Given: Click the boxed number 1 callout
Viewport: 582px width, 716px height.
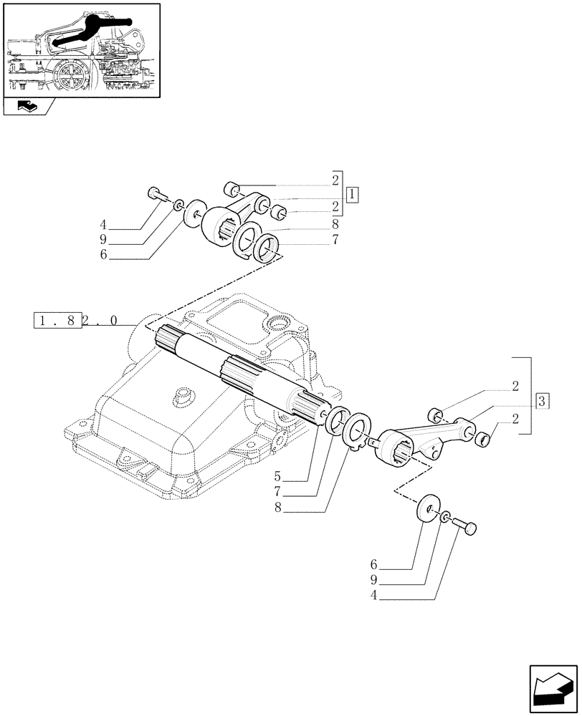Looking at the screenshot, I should pyautogui.click(x=352, y=195).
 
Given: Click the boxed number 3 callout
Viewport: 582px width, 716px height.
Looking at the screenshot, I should pyautogui.click(x=542, y=401).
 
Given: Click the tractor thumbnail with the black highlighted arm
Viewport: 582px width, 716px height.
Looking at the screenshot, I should pyautogui.click(x=81, y=50).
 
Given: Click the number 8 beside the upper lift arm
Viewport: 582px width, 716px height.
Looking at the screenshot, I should pyautogui.click(x=335, y=224).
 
